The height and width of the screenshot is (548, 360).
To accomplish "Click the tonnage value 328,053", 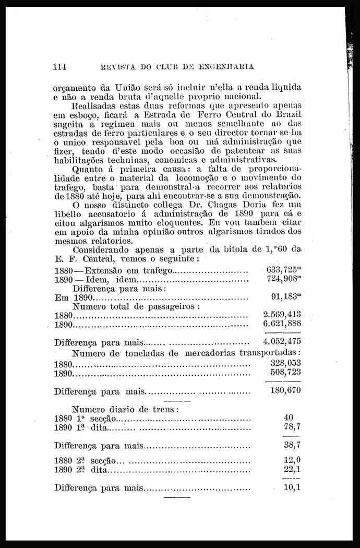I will point(285,363).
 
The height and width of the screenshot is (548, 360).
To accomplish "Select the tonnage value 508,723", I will point(285,372).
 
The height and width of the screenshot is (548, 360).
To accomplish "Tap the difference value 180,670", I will point(285,390).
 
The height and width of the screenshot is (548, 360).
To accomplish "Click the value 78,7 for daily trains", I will point(291,427).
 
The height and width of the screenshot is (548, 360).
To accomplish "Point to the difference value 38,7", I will point(292,446).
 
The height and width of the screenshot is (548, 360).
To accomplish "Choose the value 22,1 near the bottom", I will point(292,470).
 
